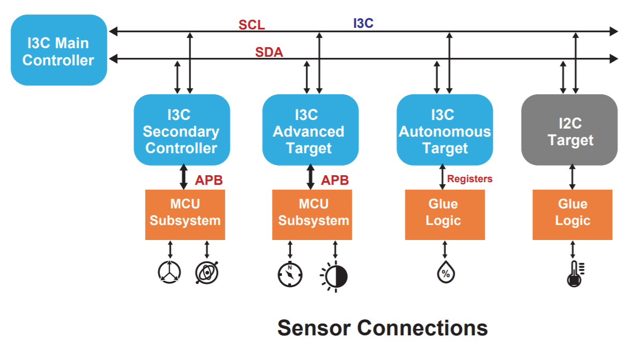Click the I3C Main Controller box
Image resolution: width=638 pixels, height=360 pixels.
click(58, 51)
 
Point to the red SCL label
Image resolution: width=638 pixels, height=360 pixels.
click(252, 25)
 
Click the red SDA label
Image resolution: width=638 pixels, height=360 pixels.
click(269, 52)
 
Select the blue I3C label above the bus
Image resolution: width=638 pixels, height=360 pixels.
click(363, 23)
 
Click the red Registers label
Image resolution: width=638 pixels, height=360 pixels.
click(469, 179)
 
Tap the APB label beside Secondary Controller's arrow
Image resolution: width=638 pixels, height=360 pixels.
click(208, 180)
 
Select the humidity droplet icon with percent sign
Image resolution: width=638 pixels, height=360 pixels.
click(444, 272)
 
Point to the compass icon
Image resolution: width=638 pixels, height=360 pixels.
click(290, 275)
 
